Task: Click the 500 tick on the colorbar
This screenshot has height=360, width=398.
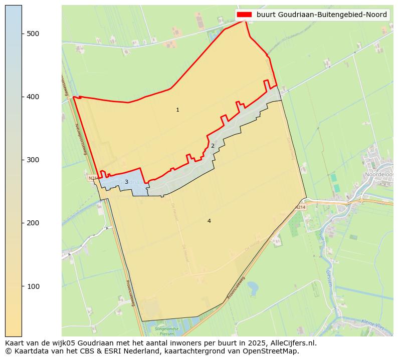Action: [33, 34]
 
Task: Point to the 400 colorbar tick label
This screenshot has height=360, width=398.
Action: [33, 97]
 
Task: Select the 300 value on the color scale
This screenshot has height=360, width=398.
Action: [33, 160]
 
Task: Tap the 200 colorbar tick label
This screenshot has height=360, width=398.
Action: [33, 223]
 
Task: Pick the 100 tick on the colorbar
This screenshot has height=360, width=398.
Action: [33, 286]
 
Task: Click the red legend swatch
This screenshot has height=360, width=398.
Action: [245, 15]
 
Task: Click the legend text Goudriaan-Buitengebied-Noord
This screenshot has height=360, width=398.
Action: [322, 15]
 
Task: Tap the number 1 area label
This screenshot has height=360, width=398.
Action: [177, 110]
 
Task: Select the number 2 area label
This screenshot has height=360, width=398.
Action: [213, 146]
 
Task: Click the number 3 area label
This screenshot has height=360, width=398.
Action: [126, 182]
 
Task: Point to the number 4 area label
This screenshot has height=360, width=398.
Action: [209, 221]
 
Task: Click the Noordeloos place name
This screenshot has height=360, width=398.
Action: [379, 174]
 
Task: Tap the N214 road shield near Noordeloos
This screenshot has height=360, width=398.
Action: [300, 207]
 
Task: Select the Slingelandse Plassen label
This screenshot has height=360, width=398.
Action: [167, 331]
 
